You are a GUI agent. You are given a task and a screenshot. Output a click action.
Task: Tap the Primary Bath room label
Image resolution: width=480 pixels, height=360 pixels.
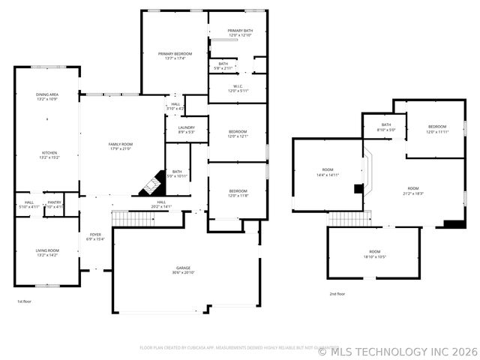[238, 32]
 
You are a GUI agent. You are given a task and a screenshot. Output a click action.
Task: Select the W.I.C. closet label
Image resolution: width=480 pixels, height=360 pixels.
[238, 88]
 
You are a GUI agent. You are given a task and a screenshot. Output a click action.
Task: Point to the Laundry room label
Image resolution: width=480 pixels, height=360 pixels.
[186, 130]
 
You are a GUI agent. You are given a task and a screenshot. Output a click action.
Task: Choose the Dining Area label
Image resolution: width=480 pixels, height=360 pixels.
[47, 96]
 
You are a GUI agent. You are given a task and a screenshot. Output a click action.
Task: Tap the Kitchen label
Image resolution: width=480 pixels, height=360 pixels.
[47, 154]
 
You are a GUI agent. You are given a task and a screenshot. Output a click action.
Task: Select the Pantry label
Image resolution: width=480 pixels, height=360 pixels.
[54, 204]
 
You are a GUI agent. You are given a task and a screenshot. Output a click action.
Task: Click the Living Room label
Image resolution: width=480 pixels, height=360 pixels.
[47, 253]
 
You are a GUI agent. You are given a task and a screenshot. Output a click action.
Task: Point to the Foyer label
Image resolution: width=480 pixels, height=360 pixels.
[95, 237]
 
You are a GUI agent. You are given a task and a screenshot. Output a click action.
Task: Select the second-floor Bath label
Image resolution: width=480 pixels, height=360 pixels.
[385, 127]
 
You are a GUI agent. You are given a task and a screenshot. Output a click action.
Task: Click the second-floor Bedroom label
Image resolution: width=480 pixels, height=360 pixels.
[437, 129]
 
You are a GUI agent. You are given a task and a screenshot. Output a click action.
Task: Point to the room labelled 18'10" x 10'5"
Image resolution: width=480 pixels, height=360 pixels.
[374, 253]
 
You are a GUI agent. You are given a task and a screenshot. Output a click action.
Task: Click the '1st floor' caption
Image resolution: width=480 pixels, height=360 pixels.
[25, 301]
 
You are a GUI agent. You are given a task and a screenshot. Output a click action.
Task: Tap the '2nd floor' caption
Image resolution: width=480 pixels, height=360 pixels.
[337, 294]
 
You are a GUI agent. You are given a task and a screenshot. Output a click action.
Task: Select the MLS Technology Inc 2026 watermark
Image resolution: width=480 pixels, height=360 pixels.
[397, 350]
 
